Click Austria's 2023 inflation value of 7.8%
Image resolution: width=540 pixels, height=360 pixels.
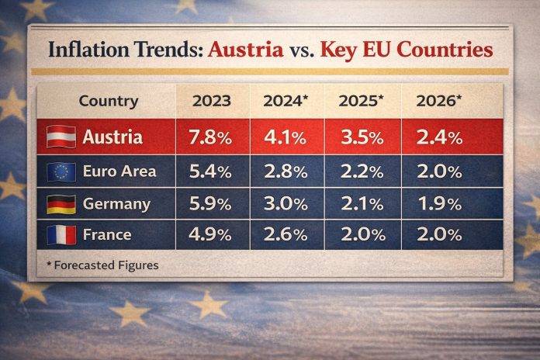(210, 138)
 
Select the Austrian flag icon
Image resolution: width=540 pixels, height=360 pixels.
(61, 137)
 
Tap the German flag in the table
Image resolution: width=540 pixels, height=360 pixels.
(61, 204)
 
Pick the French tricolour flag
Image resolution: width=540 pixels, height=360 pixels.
(61, 234)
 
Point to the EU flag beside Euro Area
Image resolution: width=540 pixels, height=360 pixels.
(61, 171)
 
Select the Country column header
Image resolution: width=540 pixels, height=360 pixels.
(109, 101)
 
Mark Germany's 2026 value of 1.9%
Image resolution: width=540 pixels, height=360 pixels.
(439, 203)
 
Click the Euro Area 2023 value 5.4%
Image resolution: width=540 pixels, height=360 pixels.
(210, 171)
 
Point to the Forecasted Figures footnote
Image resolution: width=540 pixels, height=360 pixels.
(102, 265)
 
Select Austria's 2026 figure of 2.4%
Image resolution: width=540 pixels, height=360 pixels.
(439, 138)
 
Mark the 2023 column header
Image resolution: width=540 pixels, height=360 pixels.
(210, 101)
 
